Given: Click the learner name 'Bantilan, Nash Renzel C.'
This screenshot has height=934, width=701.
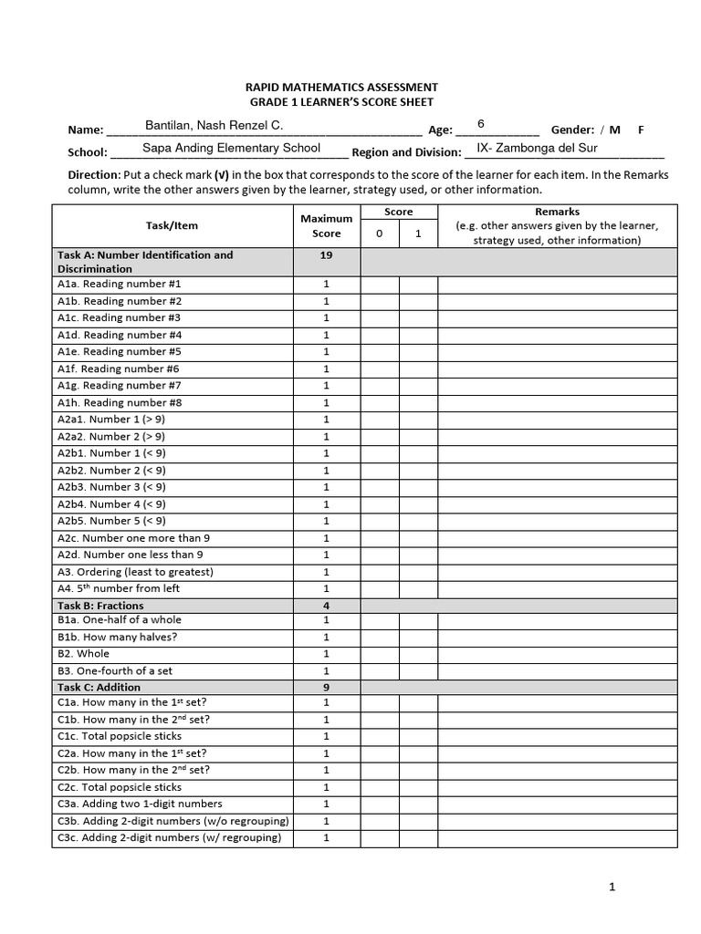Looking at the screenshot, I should click(214, 125).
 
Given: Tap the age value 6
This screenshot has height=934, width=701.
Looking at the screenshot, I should click(481, 124).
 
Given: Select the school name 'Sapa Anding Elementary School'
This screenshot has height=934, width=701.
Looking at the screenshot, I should click(231, 148).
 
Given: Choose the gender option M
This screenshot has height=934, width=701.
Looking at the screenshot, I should click(615, 130).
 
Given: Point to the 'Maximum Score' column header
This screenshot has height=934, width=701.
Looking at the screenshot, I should click(326, 226).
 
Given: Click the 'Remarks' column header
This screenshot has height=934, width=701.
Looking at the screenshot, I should click(557, 212).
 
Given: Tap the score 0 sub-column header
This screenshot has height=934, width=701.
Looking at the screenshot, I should click(380, 233).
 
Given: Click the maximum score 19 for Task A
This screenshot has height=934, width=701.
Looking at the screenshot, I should click(326, 255).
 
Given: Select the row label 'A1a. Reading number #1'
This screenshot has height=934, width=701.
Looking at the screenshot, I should click(119, 284).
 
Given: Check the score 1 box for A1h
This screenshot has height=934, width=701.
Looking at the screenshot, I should click(418, 402).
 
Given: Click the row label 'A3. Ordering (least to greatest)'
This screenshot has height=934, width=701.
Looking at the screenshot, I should click(135, 572).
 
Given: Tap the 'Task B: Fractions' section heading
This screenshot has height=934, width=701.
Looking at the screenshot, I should click(100, 606).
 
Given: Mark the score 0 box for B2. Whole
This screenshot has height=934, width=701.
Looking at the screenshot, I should click(380, 654).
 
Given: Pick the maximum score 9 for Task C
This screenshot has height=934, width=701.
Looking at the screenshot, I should click(326, 687).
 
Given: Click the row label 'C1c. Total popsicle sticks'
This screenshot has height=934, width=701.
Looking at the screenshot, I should click(120, 736).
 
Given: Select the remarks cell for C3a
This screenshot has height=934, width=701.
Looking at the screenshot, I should click(557, 804).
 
